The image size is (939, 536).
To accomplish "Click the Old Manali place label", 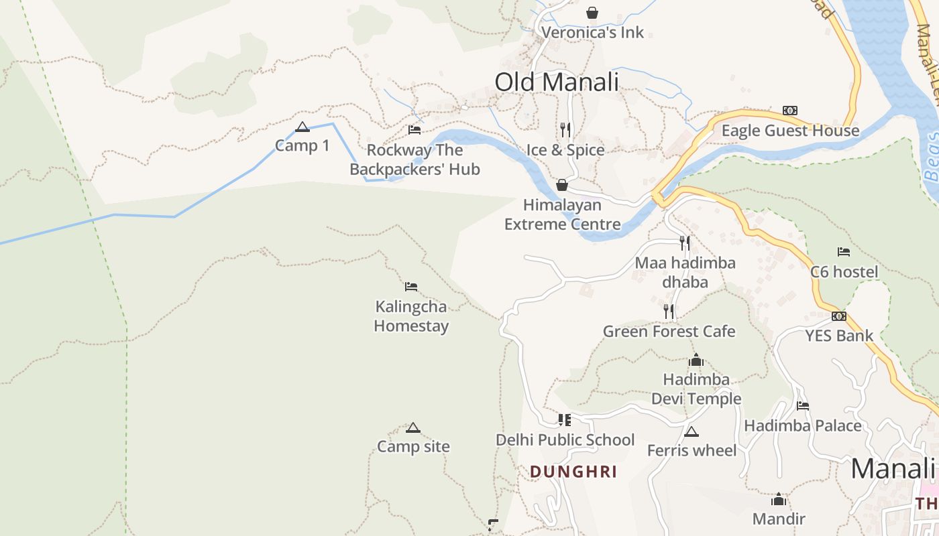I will [x=556, y=82].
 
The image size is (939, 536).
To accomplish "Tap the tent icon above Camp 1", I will [x=302, y=127].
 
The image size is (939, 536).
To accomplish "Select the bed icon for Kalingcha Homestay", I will [x=411, y=287].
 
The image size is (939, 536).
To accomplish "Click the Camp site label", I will [x=413, y=447].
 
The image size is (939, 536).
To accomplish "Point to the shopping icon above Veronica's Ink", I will [x=592, y=13].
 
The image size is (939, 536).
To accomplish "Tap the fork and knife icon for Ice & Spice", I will [x=565, y=129].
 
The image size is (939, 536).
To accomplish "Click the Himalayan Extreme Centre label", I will [x=562, y=214].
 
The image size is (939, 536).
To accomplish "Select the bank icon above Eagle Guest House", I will [x=790, y=111].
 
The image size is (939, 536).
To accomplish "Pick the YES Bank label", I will [x=839, y=336].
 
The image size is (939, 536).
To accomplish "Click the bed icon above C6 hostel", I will [x=844, y=252].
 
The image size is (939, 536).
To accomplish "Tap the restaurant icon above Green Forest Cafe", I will [x=669, y=311].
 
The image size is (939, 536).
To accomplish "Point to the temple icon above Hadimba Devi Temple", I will [x=696, y=360].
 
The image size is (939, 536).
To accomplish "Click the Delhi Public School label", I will [x=565, y=440].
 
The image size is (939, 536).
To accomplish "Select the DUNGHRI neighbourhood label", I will [x=573, y=472].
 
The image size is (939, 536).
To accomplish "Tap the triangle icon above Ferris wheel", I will [x=692, y=431].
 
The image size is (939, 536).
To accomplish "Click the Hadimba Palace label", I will [x=802, y=425].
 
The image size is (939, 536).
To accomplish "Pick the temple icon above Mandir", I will [x=778, y=499].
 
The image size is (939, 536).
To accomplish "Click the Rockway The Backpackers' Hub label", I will [x=415, y=159].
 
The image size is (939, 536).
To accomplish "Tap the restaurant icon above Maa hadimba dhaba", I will [x=685, y=243].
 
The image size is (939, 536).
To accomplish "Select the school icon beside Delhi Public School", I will [x=565, y=420].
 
